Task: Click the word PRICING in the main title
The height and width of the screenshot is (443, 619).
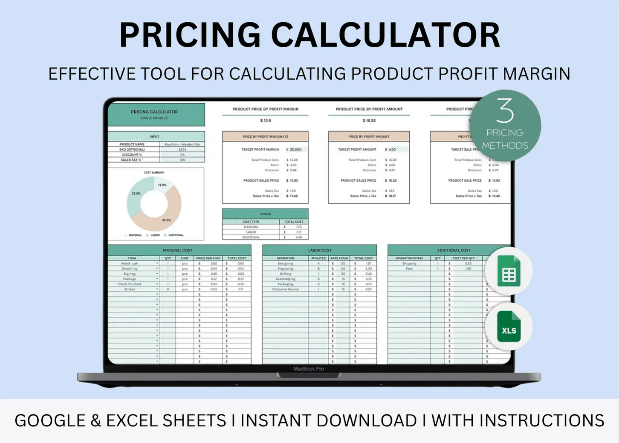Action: pyautogui.click(x=190, y=35)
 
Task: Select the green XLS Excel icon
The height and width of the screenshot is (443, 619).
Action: pyautogui.click(x=509, y=327)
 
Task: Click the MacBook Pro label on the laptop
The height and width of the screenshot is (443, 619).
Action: pyautogui.click(x=308, y=369)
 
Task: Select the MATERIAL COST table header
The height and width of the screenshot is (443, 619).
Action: pyautogui.click(x=178, y=250)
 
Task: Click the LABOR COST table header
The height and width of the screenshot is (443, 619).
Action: pyautogui.click(x=320, y=250)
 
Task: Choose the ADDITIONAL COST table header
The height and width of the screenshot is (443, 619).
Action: pyautogui.click(x=454, y=250)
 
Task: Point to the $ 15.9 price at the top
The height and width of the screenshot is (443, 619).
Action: pyautogui.click(x=265, y=121)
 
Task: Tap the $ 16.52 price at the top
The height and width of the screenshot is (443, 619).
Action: pyautogui.click(x=369, y=121)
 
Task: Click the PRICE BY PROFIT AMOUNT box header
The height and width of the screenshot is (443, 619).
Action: pyautogui.click(x=369, y=137)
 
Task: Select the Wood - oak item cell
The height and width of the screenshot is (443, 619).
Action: pyautogui.click(x=130, y=263)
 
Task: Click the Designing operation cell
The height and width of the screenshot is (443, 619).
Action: pyautogui.click(x=285, y=263)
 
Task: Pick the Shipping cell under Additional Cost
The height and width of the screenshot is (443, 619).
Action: pyautogui.click(x=409, y=263)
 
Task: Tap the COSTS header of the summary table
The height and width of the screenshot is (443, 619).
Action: pyautogui.click(x=265, y=214)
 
